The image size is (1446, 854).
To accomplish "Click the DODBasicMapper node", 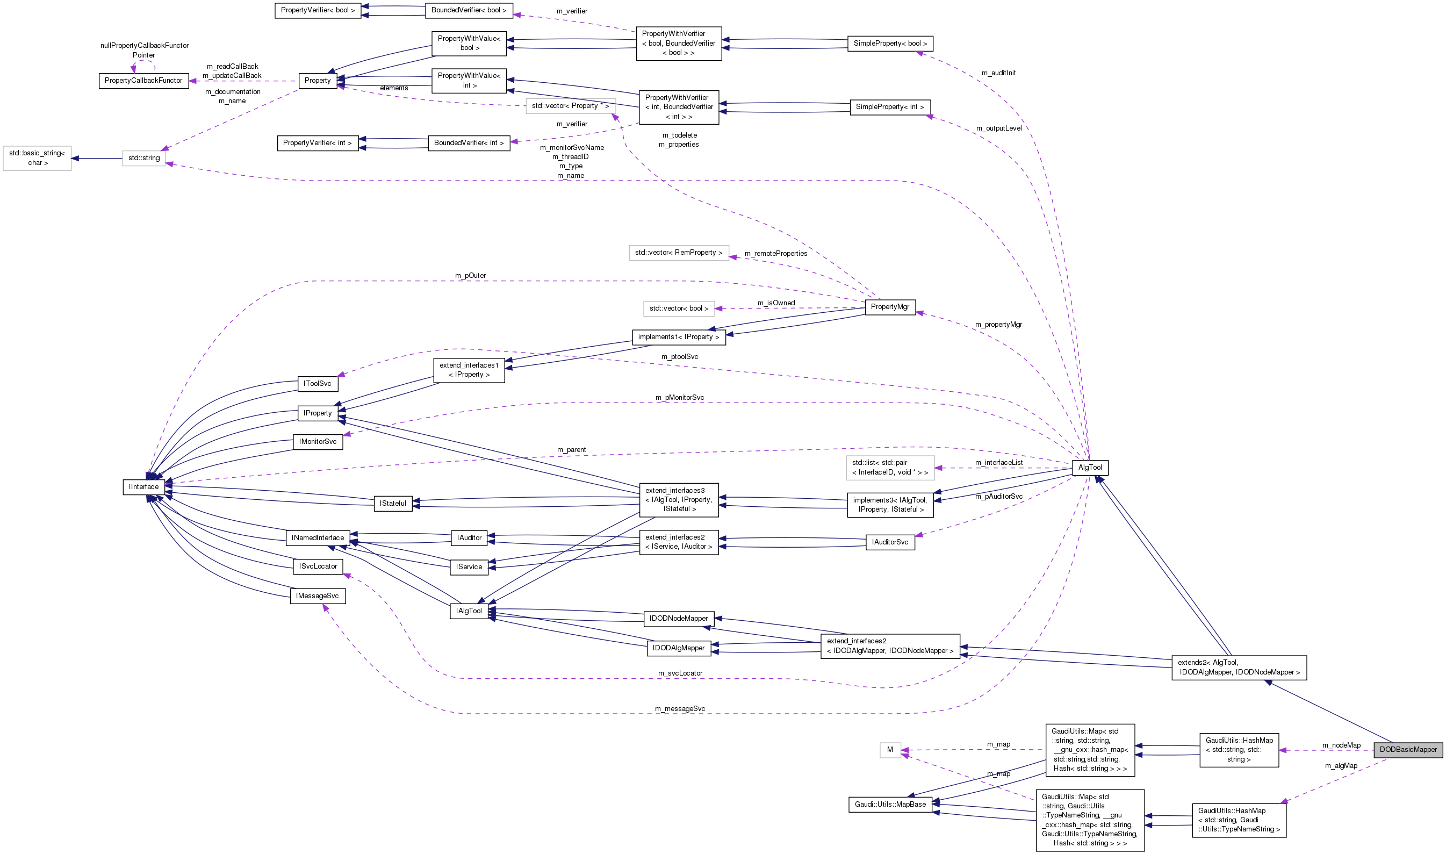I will tap(1407, 749).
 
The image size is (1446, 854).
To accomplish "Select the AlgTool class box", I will tap(1090, 467).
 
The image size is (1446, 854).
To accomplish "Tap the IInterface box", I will tap(144, 487).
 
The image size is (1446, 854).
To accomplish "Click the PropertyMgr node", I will tap(890, 307).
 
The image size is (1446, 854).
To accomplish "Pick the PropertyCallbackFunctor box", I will tap(144, 81).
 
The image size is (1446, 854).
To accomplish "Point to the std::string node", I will tap(144, 157).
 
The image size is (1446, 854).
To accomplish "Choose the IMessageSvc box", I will tap(318, 595).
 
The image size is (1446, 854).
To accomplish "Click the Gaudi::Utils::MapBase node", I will tap(890, 804).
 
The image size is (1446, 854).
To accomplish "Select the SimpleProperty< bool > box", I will tap(890, 44).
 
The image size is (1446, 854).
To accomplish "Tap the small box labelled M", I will tap(890, 749).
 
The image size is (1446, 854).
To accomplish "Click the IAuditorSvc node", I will tap(890, 542).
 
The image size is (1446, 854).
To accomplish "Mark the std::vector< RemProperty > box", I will tap(679, 253).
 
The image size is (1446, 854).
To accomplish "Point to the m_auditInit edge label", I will tap(998, 73).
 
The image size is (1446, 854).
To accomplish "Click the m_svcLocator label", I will tap(680, 673).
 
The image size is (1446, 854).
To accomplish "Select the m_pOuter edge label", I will tap(471, 276).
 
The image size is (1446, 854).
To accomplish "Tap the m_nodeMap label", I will tap(1341, 745).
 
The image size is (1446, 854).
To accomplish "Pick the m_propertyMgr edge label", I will tap(998, 325).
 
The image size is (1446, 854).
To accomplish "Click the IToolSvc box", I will tap(318, 383).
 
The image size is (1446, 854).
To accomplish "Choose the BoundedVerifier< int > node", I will tap(469, 143).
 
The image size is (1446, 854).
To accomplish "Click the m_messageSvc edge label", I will tap(680, 709).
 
